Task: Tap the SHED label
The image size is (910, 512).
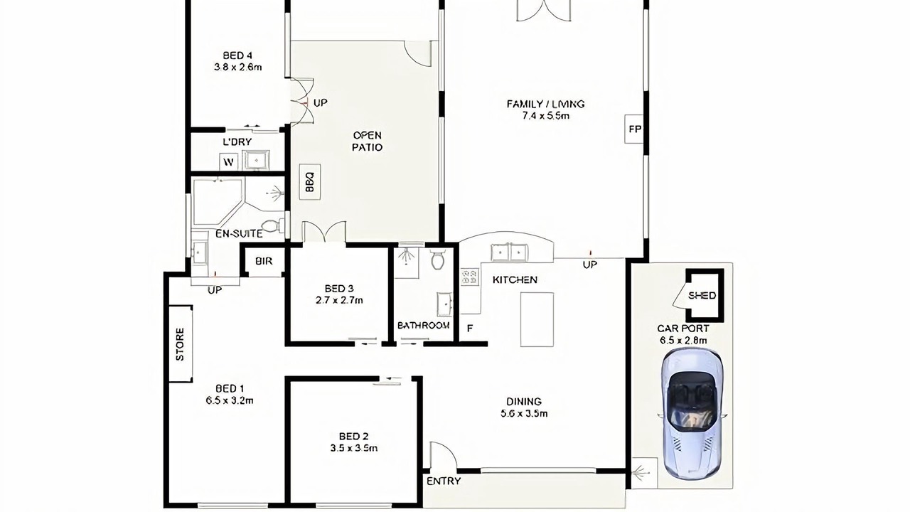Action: point(702,295)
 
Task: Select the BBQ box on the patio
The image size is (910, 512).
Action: point(310,181)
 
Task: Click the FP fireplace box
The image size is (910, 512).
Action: point(634,129)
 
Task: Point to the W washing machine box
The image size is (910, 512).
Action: point(229,162)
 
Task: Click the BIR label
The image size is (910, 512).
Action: point(264,261)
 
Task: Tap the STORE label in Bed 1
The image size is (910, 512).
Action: point(180,343)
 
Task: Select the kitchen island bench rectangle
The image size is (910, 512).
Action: point(537,319)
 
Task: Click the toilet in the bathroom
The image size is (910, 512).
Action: point(438,260)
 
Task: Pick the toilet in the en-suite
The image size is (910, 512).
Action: point(271,225)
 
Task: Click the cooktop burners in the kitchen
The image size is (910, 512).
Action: point(470,277)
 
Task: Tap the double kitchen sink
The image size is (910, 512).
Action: point(509,252)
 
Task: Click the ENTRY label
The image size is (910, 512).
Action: point(444,481)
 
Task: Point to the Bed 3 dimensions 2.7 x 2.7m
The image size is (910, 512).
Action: point(339,301)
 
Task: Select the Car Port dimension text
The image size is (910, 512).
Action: point(683,340)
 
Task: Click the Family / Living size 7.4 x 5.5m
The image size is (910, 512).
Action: point(545,116)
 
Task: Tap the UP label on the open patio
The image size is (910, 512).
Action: point(320,103)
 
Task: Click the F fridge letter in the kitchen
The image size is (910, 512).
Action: point(470,329)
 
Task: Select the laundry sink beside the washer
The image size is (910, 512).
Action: point(256,160)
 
